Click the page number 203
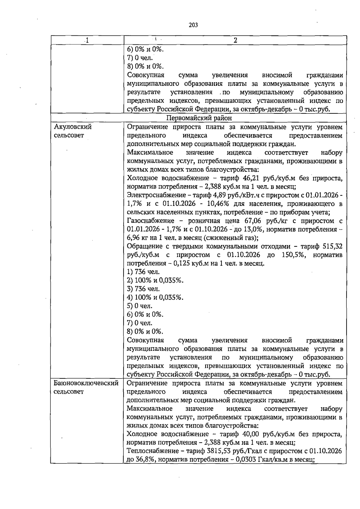coord(193,25)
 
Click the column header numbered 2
coord(235,40)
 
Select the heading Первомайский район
coord(199,118)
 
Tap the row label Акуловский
coord(73,127)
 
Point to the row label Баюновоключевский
coord(86,383)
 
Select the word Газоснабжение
coord(151,221)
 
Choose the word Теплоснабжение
coord(151,451)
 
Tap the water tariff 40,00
coord(251,434)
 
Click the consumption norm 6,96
coord(134,238)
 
